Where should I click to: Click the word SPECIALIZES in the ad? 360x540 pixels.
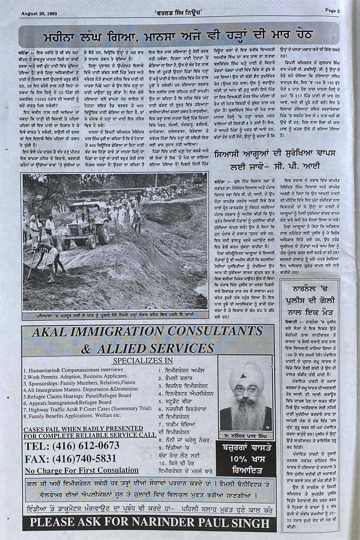click(x=132, y=361)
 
